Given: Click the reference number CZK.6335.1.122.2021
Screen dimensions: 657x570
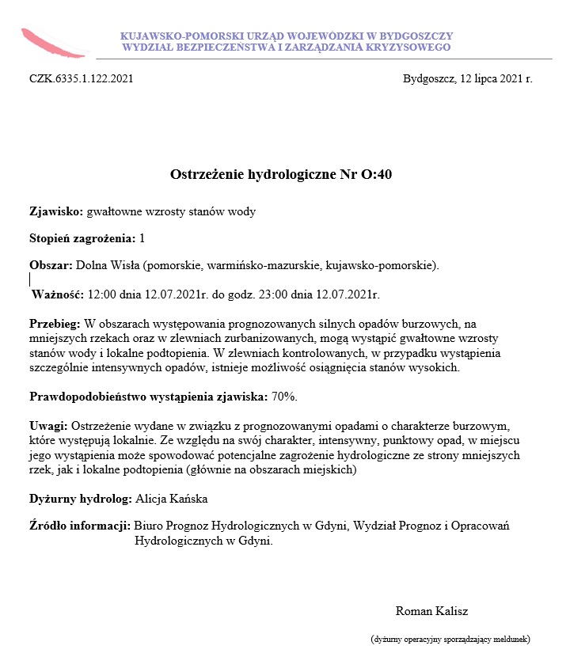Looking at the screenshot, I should [82, 79].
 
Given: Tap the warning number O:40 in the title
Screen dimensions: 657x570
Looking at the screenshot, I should [376, 174].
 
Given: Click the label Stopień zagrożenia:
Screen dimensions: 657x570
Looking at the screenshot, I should [82, 237].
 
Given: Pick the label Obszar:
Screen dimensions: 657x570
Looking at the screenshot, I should [51, 264].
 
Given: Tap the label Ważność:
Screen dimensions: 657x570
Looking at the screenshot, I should [57, 294].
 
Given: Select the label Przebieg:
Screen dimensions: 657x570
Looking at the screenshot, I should [55, 324].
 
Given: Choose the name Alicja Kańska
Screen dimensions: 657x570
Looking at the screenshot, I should [172, 499].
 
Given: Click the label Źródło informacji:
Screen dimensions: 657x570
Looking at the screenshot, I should [79, 525].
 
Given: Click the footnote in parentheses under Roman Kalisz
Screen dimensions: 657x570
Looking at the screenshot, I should [450, 638].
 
